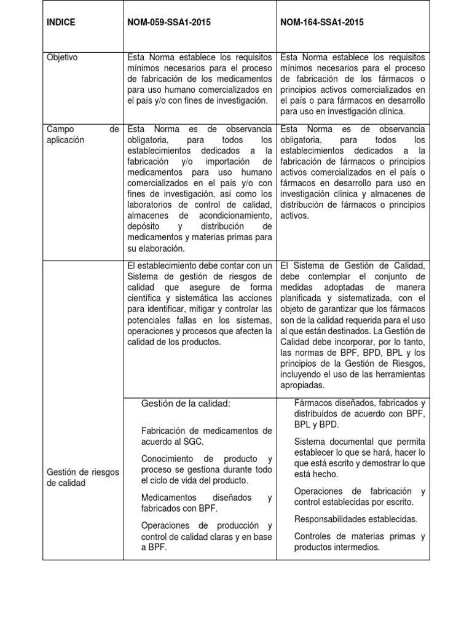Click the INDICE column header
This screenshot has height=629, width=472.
click(61, 23)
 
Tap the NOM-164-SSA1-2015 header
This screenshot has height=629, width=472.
click(322, 23)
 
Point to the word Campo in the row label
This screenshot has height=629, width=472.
click(60, 129)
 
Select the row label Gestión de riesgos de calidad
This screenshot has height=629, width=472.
click(74, 477)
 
